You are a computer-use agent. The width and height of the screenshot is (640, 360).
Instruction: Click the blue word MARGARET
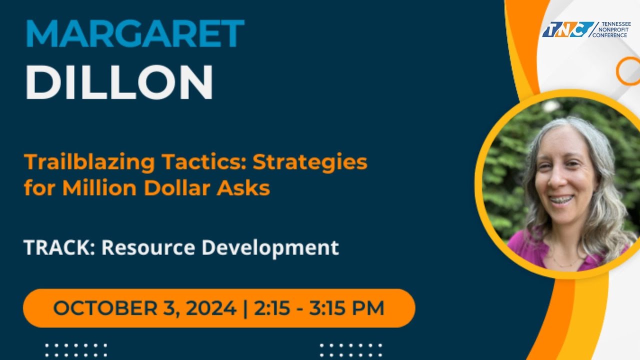(134, 34)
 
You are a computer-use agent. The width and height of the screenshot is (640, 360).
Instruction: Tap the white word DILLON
(119, 82)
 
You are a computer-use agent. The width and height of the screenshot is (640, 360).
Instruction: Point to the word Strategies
(310, 163)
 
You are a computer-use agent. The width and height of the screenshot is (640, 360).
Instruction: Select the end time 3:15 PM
(347, 308)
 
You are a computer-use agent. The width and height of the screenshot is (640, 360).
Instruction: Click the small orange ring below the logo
(628, 71)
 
